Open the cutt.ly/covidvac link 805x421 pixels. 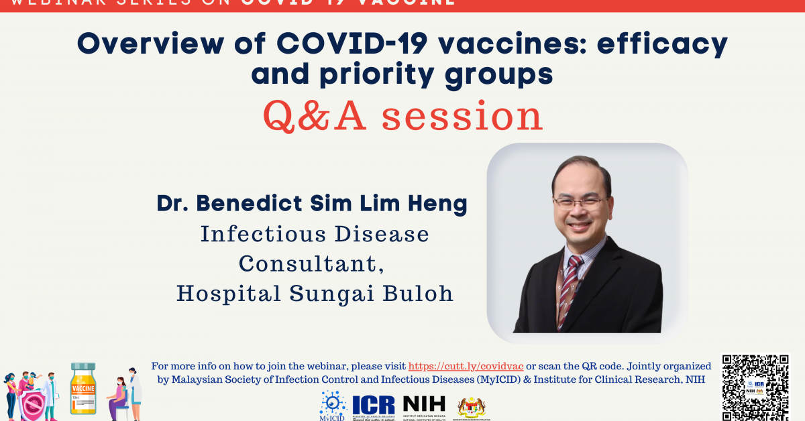pos(466,366)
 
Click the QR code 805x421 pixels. pos(755,387)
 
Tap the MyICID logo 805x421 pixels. pos(333,406)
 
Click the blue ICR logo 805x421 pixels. pos(374,406)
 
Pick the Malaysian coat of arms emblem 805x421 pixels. pos(472,406)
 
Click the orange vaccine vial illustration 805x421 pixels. pos(83,388)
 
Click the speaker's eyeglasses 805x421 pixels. pos(581,202)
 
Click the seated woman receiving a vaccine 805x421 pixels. pos(119,396)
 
